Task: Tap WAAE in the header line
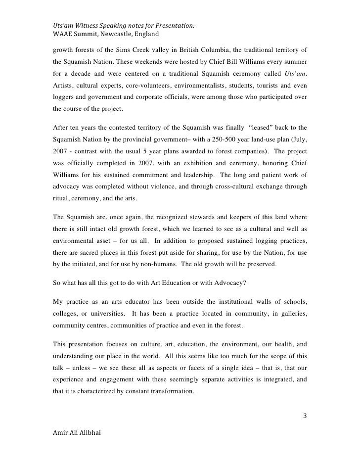63,35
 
